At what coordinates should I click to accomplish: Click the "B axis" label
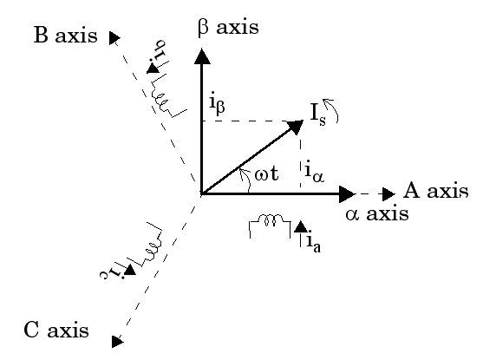point(65,35)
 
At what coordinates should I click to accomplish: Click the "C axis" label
point(56,330)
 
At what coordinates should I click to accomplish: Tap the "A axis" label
point(436,190)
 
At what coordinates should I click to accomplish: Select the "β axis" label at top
point(228,28)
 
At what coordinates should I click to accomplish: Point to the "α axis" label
point(377,213)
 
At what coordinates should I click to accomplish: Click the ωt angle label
point(266,173)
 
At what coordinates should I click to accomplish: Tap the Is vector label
point(318,115)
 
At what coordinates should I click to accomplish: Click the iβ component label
point(217,104)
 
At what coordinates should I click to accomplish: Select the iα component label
point(314,173)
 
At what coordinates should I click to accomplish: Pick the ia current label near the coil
point(314,242)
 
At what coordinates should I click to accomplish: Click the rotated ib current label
point(160,49)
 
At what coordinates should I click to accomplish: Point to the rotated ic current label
point(112,273)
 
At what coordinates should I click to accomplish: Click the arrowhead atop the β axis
point(202,56)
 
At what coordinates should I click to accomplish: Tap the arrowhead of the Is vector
point(296,127)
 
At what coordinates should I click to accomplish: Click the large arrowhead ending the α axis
point(347,193)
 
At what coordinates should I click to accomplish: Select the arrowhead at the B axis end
point(114,37)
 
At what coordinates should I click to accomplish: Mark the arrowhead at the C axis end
point(117,342)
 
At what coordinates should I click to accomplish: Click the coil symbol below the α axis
point(270,226)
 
